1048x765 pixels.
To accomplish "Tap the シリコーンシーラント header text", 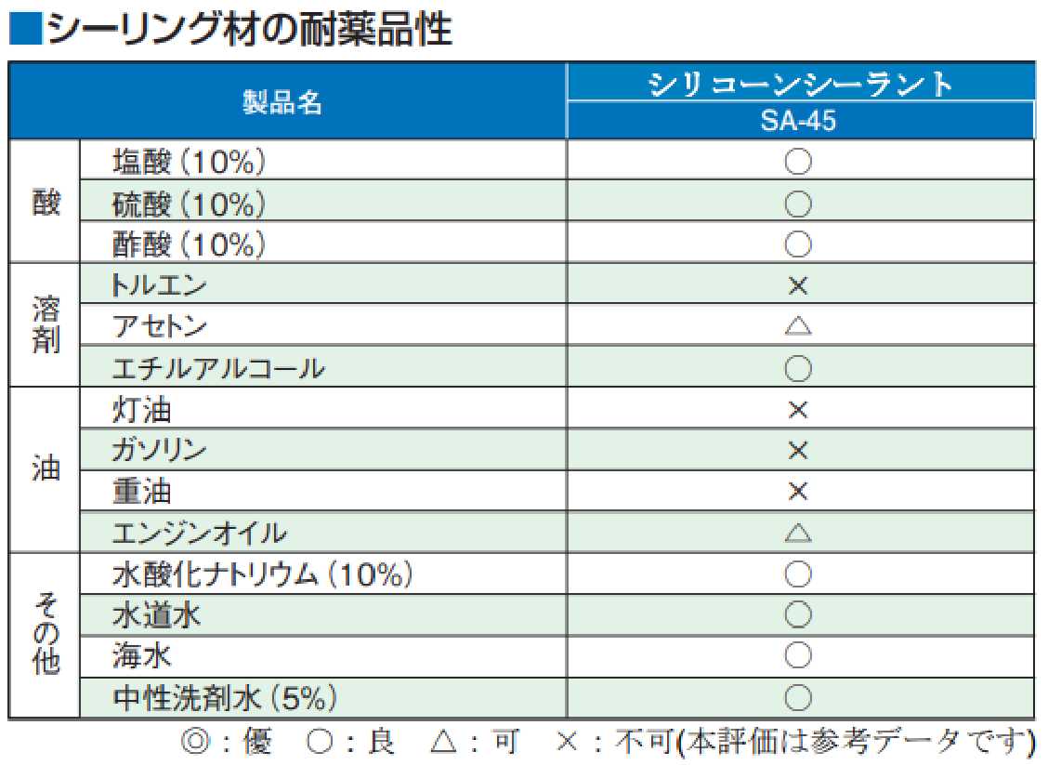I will [799, 84].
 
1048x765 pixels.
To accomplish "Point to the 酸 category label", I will [46, 203].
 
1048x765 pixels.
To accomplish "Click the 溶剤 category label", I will [46, 325].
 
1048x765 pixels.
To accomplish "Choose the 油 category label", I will [46, 469].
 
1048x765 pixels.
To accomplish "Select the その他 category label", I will [46, 635].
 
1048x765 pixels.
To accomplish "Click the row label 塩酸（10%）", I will [190, 163].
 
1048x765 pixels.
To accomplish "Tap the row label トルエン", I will [158, 284].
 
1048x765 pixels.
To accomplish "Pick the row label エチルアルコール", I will [218, 368].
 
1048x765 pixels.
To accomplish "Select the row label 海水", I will [142, 656].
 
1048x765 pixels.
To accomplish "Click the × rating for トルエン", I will [798, 285].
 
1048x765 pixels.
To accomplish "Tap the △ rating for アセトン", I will [798, 326].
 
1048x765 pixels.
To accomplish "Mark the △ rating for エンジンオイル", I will [798, 534].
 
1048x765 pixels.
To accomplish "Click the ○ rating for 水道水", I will [798, 615].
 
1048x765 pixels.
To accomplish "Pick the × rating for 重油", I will [798, 492].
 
